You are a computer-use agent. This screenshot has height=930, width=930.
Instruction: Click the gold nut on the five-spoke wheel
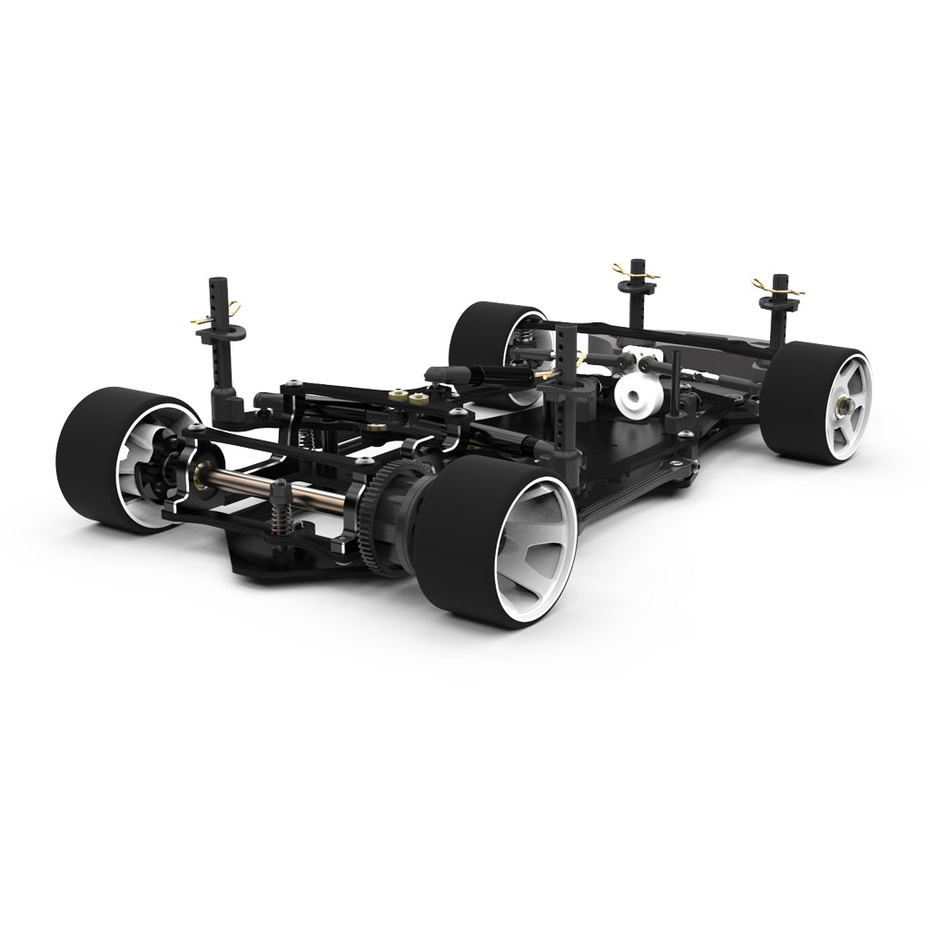pyautogui.click(x=846, y=402)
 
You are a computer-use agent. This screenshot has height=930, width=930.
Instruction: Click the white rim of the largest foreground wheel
pyautogui.click(x=536, y=545)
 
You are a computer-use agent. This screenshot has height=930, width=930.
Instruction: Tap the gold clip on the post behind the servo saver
pyautogui.click(x=634, y=271)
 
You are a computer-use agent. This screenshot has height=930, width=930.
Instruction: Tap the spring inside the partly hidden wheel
pyautogui.click(x=524, y=341)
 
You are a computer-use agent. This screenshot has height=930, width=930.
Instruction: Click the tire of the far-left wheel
pyautogui.click(x=86, y=454)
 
